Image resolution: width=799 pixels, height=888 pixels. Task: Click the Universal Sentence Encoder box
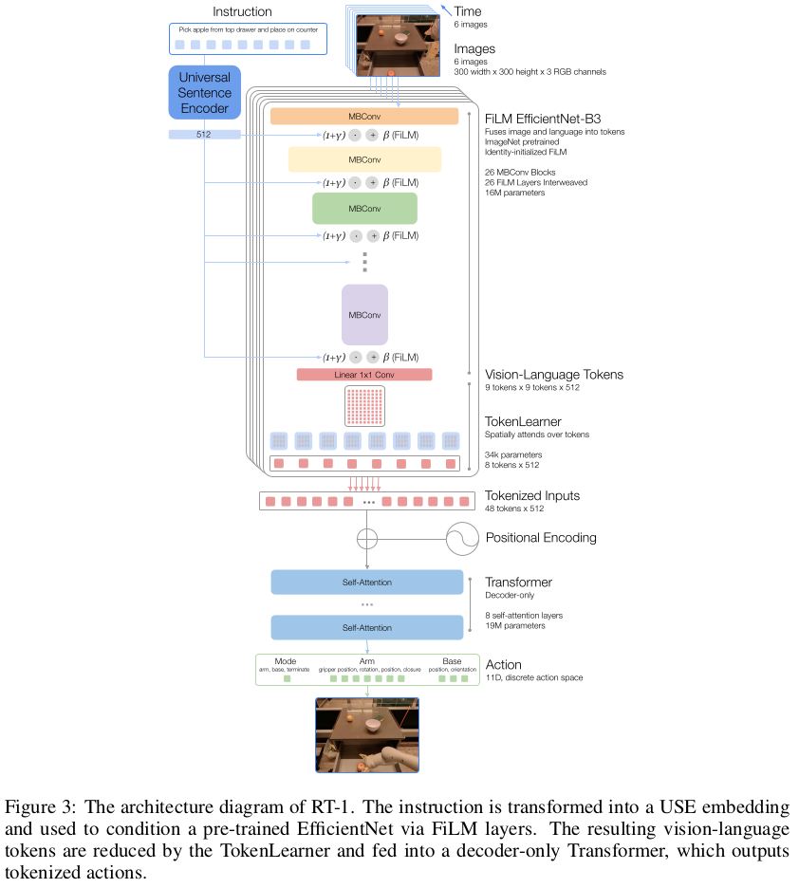coord(204,93)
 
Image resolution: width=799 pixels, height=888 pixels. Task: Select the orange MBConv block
coord(364,116)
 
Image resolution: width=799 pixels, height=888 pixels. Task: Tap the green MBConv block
coord(364,208)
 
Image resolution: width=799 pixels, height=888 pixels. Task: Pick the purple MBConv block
coord(364,314)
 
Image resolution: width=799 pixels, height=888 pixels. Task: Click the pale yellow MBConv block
coord(364,158)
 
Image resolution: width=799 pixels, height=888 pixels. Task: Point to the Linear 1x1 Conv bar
coord(364,375)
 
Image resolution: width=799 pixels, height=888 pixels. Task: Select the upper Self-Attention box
coord(366,582)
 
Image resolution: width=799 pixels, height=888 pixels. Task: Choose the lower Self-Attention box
coord(366,627)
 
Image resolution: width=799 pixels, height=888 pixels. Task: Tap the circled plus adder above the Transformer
coord(366,538)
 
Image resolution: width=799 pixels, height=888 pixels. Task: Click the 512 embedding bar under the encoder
coord(204,135)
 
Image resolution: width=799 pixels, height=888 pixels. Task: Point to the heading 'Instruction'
coord(242,12)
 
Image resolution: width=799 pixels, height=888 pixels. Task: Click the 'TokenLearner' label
coord(523,420)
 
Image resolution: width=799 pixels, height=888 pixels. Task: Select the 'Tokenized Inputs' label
coord(532,495)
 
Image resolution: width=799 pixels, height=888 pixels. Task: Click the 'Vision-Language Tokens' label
coord(554,374)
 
